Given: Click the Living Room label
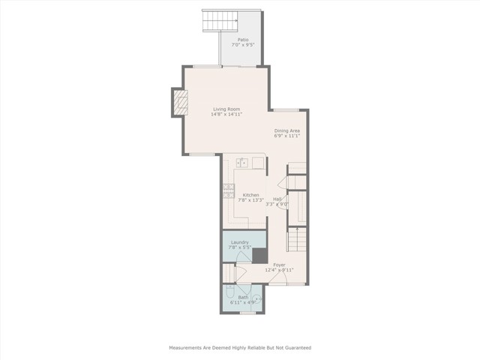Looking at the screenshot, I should coord(226,109).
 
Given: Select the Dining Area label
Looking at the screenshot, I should coord(286,130).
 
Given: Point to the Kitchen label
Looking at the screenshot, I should coord(250,195).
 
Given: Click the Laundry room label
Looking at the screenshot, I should coord(240,242).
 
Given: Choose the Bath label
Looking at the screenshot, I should coord(243,297).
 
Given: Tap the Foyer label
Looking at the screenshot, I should coord(279,264).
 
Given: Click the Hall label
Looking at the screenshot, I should coord(277,199).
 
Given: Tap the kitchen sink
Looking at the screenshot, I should coord(244,162).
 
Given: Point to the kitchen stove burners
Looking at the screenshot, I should coord(227,190).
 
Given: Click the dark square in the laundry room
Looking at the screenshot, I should coord(259,256).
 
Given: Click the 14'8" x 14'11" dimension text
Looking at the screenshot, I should coord(226,115).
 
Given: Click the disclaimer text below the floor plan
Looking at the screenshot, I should coord(239,348).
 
